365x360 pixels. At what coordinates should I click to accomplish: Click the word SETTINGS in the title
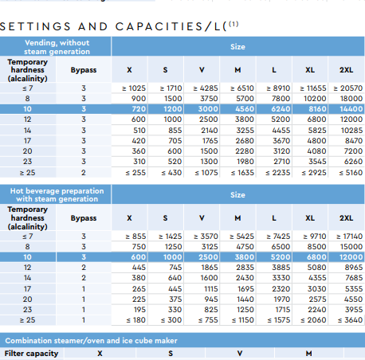35,26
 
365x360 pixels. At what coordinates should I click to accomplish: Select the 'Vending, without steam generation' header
57,47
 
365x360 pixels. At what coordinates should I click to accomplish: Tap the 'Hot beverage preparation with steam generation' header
57,195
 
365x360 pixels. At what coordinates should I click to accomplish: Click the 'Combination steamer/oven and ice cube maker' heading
91,341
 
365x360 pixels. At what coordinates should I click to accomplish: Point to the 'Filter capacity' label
31,354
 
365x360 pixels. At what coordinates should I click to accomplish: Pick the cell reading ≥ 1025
134,88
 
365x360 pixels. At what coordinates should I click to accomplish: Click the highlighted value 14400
351,109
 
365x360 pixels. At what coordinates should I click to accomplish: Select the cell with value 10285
351,131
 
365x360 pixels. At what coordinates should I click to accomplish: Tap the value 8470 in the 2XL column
354,141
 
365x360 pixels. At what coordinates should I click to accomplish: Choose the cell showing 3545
317,162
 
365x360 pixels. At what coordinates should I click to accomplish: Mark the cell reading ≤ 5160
351,173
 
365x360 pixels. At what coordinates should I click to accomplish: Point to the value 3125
210,247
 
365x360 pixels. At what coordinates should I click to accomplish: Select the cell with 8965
354,268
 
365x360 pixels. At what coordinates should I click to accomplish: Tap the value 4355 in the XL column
317,278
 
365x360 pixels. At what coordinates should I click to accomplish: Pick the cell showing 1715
282,310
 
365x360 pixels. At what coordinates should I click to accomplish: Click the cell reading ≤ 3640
350,320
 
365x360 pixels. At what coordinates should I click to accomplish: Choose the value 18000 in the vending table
351,99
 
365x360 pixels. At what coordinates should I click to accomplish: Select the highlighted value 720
139,109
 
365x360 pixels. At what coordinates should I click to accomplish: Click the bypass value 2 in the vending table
84,173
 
